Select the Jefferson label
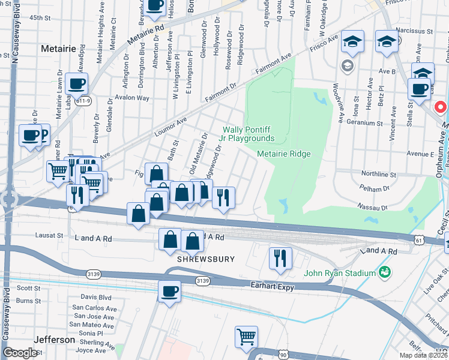coord(54,339)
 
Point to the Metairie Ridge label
coord(284,154)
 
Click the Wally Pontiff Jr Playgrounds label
coord(248,134)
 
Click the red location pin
coord(440,107)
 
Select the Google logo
coord(20,352)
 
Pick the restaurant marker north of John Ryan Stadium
coord(280,257)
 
